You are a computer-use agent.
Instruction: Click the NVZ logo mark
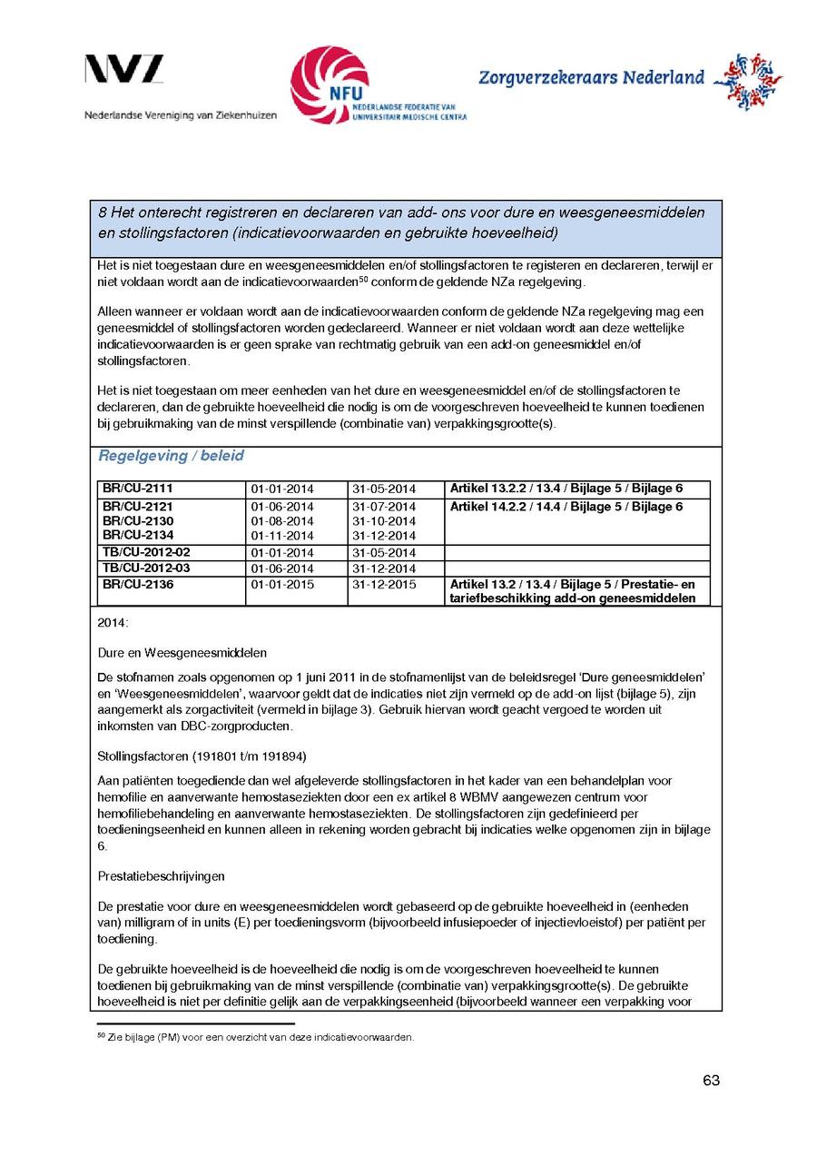click(124, 70)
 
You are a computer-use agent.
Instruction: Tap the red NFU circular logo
click(330, 84)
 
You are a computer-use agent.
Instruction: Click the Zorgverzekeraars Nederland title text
click(591, 78)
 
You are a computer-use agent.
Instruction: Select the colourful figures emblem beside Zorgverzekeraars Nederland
click(747, 82)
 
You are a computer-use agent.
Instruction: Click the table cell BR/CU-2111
click(125, 489)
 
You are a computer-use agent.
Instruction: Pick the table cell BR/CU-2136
click(125, 585)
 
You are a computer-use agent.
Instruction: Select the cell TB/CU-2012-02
click(146, 552)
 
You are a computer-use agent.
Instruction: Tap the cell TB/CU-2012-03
click(146, 568)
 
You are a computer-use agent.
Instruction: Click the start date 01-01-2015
click(282, 585)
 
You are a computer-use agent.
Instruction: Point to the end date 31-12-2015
click(383, 585)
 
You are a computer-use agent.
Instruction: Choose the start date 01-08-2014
click(282, 521)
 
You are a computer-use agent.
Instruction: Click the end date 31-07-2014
click(383, 507)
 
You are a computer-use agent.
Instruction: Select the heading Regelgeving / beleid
click(171, 456)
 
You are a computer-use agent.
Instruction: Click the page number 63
click(711, 1081)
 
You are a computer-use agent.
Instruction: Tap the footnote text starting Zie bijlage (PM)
click(259, 1037)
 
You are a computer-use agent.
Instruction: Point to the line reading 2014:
click(113, 624)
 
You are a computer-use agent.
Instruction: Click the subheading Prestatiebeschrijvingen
click(162, 877)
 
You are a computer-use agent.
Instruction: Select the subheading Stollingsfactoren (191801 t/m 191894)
click(202, 756)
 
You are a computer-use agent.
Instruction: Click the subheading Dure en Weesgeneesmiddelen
click(182, 652)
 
